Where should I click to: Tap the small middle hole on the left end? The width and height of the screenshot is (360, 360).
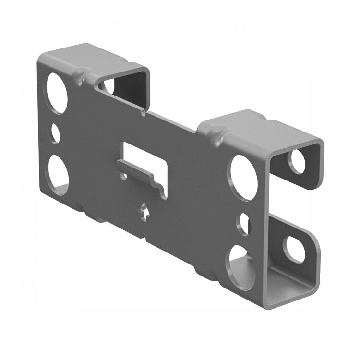pyautogui.click(x=56, y=133)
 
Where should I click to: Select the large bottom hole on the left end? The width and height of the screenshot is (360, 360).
pyautogui.click(x=58, y=174)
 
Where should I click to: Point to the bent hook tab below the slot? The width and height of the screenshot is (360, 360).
pyautogui.click(x=144, y=178)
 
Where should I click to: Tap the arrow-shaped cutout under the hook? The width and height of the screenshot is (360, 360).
pyautogui.click(x=144, y=211)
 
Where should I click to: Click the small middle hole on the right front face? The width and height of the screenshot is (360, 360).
pyautogui.click(x=244, y=224)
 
